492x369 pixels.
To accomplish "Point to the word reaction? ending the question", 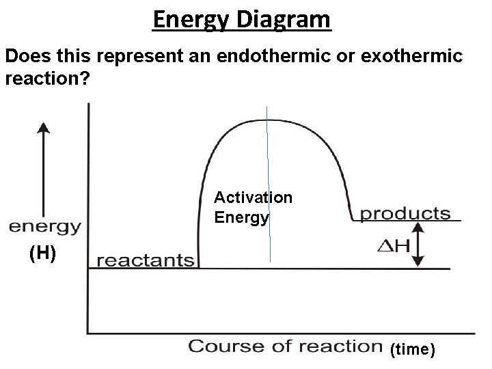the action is [46, 79].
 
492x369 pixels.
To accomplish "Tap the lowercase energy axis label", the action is [44, 226].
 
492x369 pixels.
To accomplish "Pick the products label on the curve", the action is [406, 213].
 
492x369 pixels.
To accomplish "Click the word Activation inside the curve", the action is [253, 197].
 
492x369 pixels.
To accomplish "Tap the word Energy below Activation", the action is [241, 217].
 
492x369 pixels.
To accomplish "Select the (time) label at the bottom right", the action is [412, 350].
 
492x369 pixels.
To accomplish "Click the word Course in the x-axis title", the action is [221, 346].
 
